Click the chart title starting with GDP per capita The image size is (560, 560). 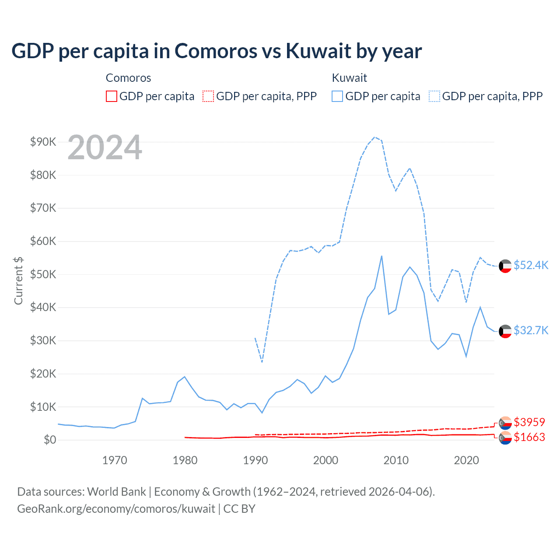217,51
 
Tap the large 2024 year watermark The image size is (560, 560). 105,147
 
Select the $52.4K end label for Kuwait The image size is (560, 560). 531,265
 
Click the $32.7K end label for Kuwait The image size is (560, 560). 531,330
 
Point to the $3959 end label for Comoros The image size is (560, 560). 529,422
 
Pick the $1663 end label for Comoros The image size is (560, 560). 529,437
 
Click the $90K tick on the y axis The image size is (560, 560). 43,142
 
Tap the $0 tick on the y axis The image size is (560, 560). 50,440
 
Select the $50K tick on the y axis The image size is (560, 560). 43,274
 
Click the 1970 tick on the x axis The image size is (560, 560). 115,460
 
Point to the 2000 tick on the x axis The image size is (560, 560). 325,460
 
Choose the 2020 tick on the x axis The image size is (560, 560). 466,460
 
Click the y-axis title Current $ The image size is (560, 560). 18,280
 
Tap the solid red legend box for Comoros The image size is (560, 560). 112,96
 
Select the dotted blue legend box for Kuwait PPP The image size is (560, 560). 434,96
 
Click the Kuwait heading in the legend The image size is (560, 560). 349,78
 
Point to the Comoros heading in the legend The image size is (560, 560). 128,78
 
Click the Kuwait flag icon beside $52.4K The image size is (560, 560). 505,266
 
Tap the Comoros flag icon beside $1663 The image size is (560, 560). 505,437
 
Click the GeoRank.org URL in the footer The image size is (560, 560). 116,509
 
